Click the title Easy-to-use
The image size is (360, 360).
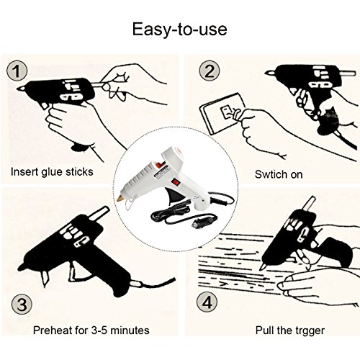click(180, 30)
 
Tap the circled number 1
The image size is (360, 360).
click(17, 71)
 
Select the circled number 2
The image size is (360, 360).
click(210, 71)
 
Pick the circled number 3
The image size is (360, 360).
click(22, 305)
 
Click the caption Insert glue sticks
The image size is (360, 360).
click(52, 172)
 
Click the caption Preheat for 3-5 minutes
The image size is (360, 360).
click(91, 330)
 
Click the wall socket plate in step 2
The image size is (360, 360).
click(222, 113)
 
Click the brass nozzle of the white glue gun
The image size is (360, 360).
click(120, 199)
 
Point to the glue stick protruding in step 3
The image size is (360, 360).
click(99, 213)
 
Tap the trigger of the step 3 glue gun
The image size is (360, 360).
click(74, 273)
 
